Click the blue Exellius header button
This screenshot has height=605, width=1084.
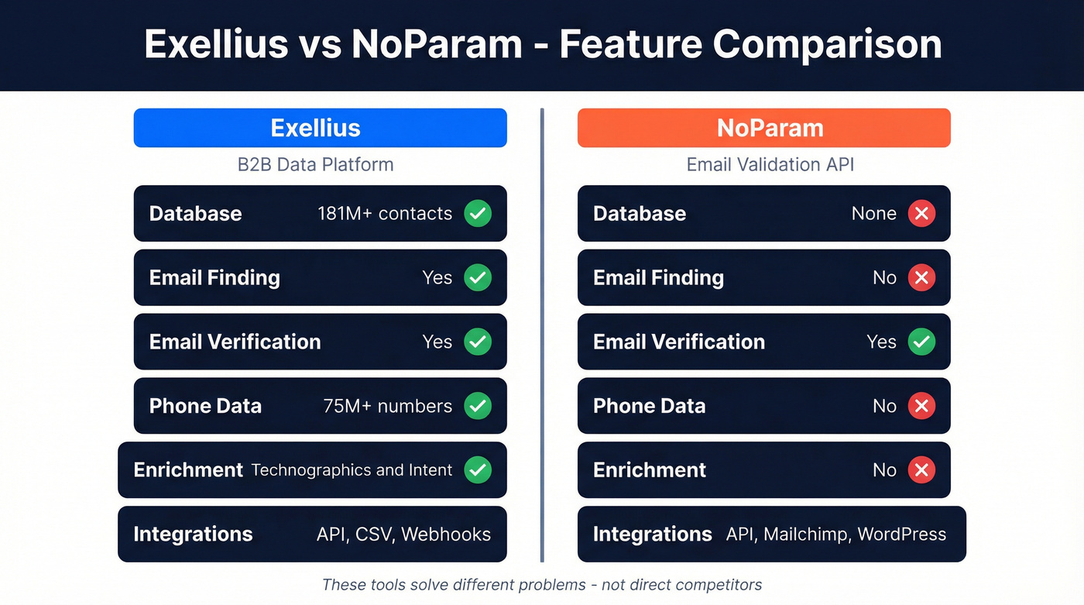coord(320,128)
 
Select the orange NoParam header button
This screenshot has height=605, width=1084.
coord(763,128)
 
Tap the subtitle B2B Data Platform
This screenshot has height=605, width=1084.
coord(315,164)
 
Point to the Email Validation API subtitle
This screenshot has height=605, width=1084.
coord(770,164)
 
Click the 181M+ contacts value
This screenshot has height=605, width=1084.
coord(384,214)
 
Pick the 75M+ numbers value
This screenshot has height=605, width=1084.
coord(387,406)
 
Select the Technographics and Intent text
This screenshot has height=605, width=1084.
coord(352,470)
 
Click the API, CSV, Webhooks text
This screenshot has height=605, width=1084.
coord(403,535)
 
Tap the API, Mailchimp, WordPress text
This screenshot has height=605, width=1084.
coord(835,535)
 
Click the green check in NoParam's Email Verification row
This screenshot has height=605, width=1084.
coord(921,342)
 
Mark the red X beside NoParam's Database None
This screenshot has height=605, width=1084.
coord(921,214)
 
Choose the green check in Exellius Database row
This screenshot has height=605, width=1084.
coord(478,214)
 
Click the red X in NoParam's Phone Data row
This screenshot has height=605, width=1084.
coord(921,406)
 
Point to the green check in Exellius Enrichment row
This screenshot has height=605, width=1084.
coord(478,470)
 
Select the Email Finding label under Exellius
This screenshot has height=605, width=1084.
coord(214,278)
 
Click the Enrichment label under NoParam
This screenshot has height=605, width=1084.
coord(650,470)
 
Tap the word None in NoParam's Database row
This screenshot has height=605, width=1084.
coord(873,214)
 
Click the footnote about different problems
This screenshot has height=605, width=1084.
coord(542,585)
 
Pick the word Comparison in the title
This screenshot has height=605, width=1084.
coord(827,44)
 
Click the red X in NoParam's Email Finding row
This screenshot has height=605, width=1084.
coord(921,278)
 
